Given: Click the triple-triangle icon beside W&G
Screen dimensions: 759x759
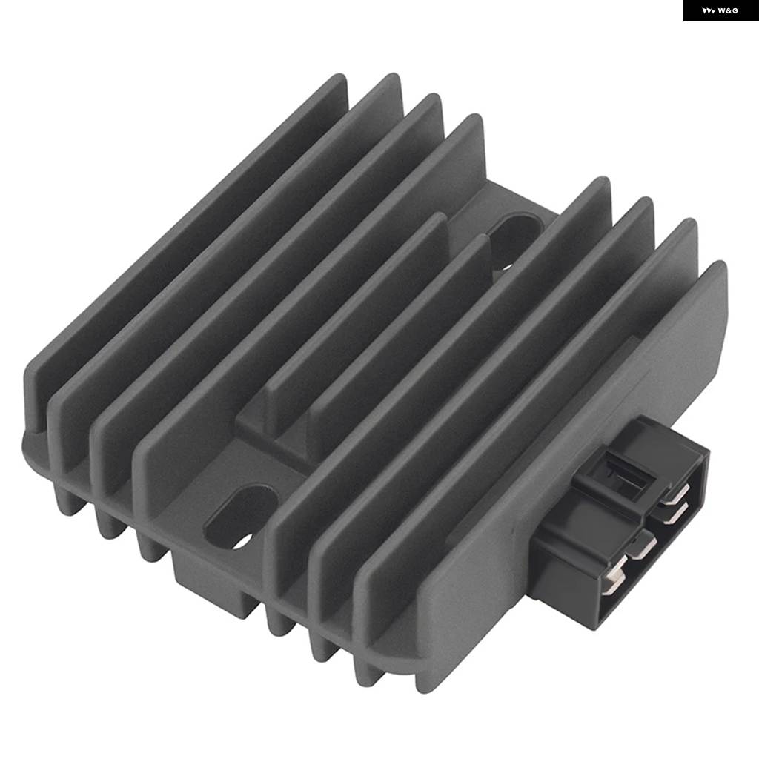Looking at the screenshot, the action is point(709,10).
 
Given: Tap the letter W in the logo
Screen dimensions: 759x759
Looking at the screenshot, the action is point(722,10).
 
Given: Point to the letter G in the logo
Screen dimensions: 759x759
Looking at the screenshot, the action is point(735,10).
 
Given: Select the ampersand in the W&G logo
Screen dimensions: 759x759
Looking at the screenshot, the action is point(729,10).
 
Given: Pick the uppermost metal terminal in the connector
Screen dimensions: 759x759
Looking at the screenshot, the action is point(676,494).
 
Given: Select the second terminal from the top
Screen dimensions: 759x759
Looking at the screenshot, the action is point(675,513).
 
